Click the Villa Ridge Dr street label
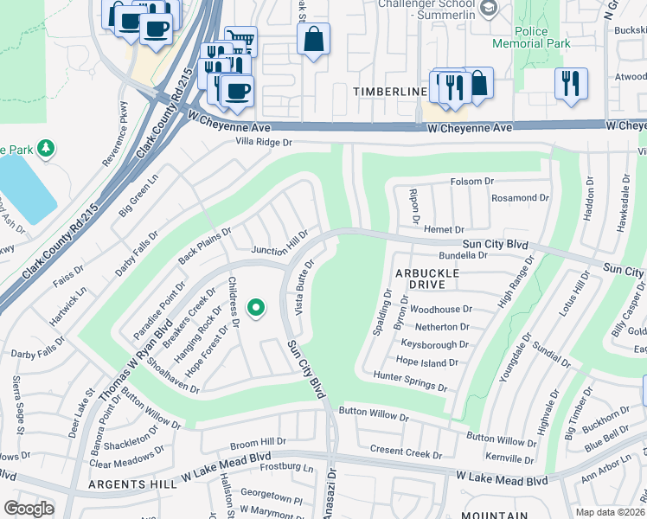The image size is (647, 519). (x=259, y=142)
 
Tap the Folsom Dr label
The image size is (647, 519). (x=471, y=182)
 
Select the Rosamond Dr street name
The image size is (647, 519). (x=520, y=198)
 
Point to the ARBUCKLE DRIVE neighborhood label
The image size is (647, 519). (x=426, y=279)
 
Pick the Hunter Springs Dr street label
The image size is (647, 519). (x=410, y=376)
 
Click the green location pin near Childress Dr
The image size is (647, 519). (x=255, y=307)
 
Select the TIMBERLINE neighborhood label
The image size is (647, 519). (x=389, y=92)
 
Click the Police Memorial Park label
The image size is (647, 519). (x=543, y=37)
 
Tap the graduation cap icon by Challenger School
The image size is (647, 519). (x=489, y=10)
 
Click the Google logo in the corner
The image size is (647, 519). (x=28, y=509)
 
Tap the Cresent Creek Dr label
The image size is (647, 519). (x=406, y=452)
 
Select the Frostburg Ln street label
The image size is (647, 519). (x=285, y=469)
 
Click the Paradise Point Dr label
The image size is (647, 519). (x=159, y=310)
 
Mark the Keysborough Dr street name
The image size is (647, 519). (x=435, y=344)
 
